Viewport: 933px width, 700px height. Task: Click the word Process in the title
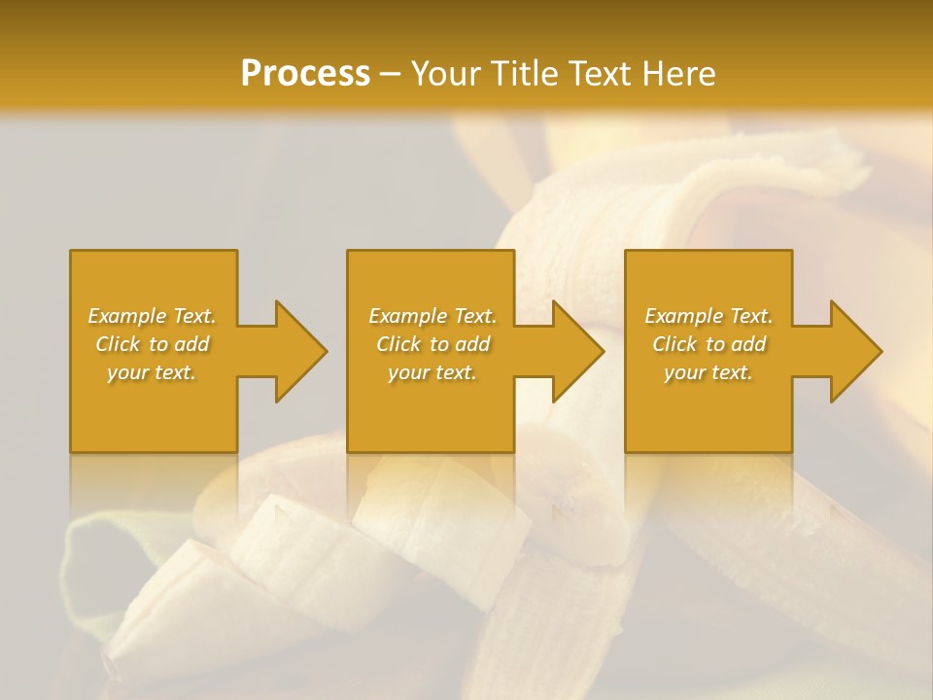click(305, 74)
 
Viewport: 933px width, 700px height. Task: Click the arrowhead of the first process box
click(297, 351)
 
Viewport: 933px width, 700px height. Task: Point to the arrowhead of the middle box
click(574, 351)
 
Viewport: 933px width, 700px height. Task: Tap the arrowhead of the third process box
click(852, 351)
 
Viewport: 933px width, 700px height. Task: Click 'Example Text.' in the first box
click(153, 316)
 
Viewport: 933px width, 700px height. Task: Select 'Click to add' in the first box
click(153, 344)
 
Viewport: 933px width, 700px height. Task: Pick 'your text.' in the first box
click(153, 372)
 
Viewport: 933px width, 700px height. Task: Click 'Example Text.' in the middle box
click(432, 316)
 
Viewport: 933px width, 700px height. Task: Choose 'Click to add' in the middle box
click(432, 344)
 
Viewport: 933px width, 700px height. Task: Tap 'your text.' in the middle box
click(432, 372)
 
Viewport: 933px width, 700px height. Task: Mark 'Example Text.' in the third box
click(708, 316)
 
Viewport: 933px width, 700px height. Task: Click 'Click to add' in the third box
click(708, 344)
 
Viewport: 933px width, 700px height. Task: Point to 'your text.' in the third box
click(708, 372)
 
